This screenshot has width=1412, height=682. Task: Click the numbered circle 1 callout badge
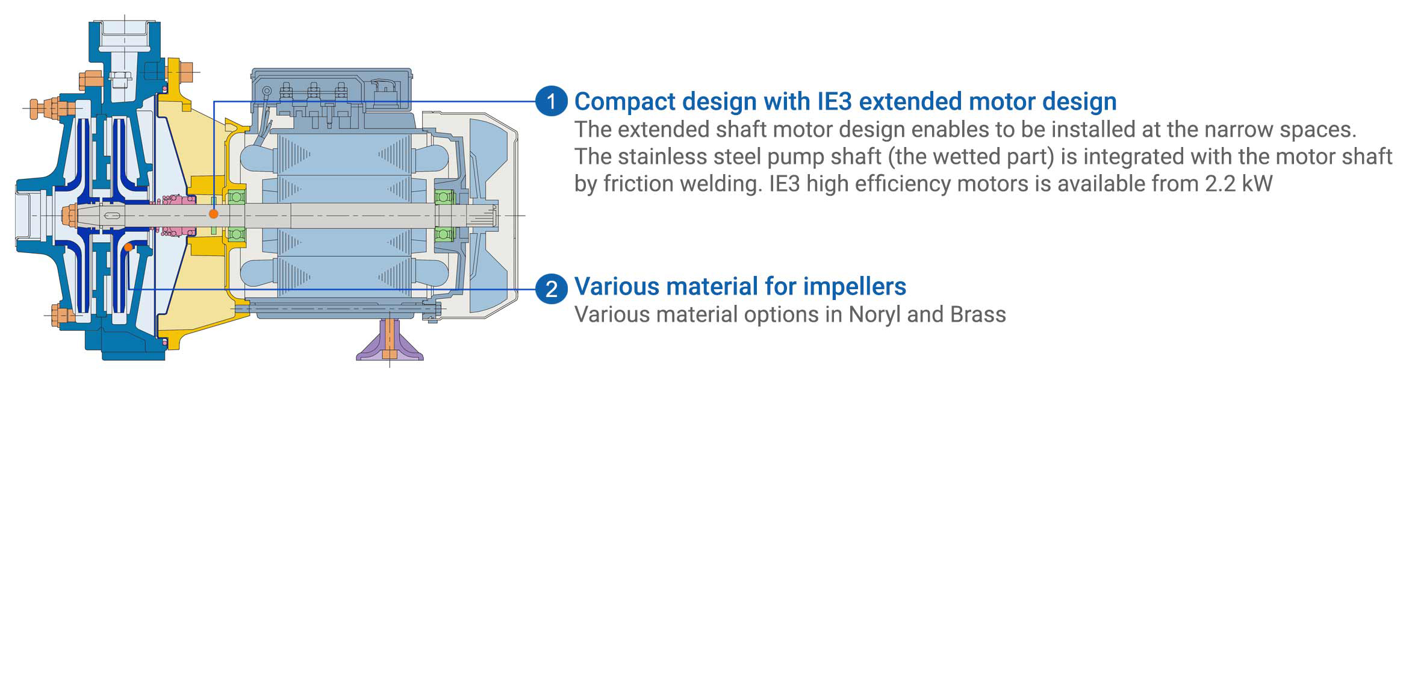click(x=551, y=101)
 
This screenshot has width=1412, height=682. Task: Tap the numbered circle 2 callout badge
click(x=551, y=289)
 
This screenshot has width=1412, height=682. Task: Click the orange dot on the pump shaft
click(x=214, y=213)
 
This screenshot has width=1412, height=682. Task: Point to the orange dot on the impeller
click(x=128, y=247)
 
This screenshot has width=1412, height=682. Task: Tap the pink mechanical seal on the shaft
click(x=175, y=215)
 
